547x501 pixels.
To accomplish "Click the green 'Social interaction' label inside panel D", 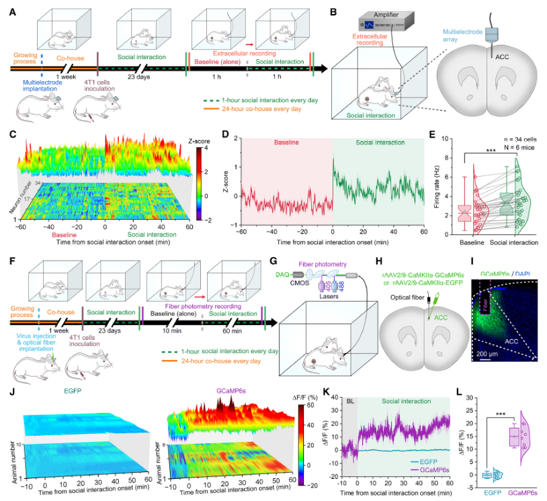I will [378, 143].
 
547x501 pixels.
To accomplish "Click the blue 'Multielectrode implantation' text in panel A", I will [40, 87].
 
